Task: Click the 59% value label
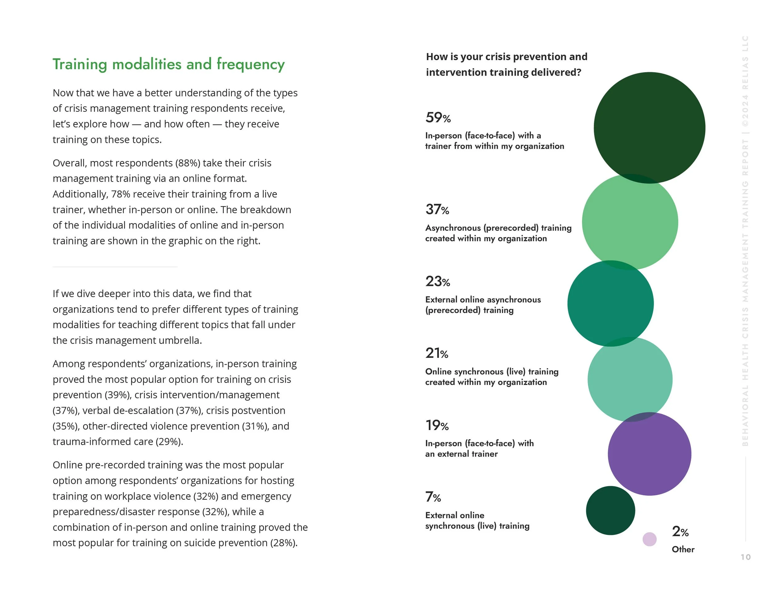click(438, 118)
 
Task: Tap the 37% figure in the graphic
click(437, 210)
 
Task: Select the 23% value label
click(438, 281)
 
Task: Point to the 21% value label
click(437, 353)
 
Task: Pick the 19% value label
click(437, 425)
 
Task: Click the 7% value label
click(433, 497)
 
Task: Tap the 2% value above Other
click(680, 532)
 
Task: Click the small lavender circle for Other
click(649, 539)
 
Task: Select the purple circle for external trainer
click(649, 454)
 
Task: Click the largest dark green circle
click(649, 127)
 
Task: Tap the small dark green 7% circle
click(610, 510)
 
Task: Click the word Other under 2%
click(683, 549)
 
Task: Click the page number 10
click(745, 557)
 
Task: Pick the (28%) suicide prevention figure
click(283, 543)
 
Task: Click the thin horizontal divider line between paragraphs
click(115, 267)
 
